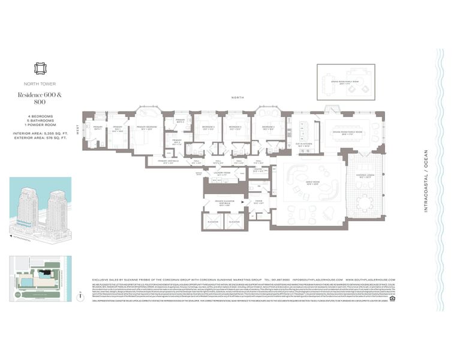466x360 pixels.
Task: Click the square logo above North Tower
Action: pos(41,68)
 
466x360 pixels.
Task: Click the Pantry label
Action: pos(259,170)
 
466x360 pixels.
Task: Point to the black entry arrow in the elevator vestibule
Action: pos(245,203)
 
